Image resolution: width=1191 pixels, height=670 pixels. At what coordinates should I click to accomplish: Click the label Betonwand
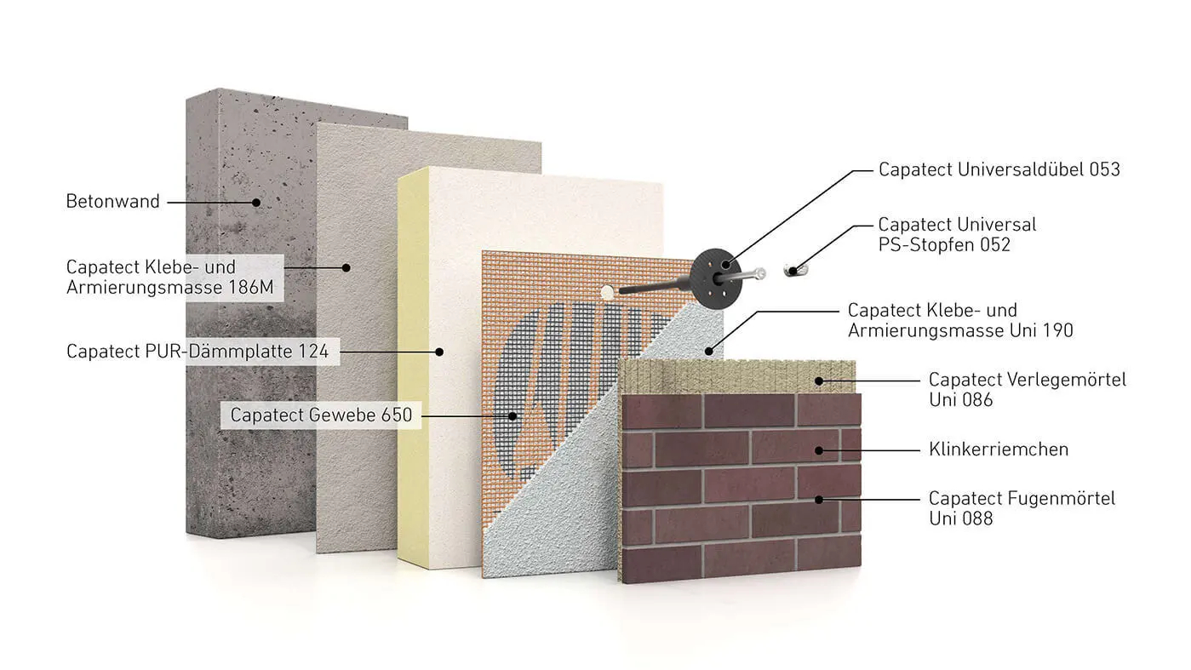click(x=112, y=202)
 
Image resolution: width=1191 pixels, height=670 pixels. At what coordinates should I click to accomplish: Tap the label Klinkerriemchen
click(x=999, y=450)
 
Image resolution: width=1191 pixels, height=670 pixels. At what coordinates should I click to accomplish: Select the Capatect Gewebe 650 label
click(x=321, y=415)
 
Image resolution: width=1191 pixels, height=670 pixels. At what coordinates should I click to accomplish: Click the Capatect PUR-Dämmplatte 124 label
click(x=198, y=352)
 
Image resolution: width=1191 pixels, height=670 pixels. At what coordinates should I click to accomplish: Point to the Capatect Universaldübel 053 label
click(x=999, y=169)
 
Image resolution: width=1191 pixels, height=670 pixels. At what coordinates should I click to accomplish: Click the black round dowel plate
click(x=716, y=278)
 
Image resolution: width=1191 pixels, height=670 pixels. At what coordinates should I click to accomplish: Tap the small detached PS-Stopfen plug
click(x=795, y=270)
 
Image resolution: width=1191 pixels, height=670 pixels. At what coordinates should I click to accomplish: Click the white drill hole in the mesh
click(x=607, y=291)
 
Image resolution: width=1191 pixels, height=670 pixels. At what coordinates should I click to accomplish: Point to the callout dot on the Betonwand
click(x=256, y=203)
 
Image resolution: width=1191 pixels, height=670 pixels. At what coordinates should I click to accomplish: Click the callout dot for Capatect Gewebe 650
click(x=512, y=416)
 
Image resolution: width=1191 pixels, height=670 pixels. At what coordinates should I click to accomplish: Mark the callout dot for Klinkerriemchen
click(x=819, y=451)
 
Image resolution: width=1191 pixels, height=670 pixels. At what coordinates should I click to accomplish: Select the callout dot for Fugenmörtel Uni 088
click(x=819, y=500)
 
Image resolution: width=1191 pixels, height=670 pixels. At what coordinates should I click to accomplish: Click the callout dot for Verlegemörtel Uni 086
click(x=819, y=381)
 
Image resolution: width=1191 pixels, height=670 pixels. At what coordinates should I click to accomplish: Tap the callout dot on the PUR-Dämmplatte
click(x=439, y=352)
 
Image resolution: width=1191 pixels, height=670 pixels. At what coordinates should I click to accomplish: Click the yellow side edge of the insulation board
click(x=413, y=367)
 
